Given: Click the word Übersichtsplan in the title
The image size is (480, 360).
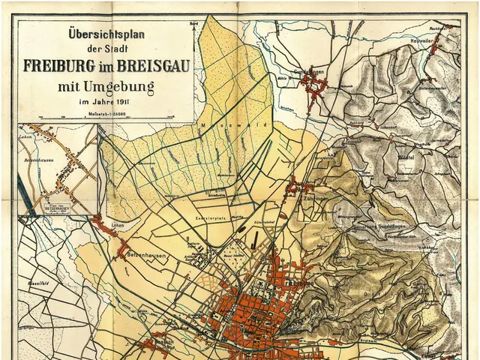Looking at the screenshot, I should [x=105, y=34].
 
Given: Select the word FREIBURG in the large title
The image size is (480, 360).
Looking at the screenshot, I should [x=63, y=64].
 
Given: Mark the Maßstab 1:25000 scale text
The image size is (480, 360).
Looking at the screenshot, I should [x=106, y=112].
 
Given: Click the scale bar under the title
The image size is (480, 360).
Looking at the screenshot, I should [x=106, y=117].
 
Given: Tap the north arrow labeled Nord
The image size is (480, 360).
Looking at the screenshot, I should [x=193, y=25].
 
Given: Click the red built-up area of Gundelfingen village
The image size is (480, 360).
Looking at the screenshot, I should [x=313, y=88].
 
